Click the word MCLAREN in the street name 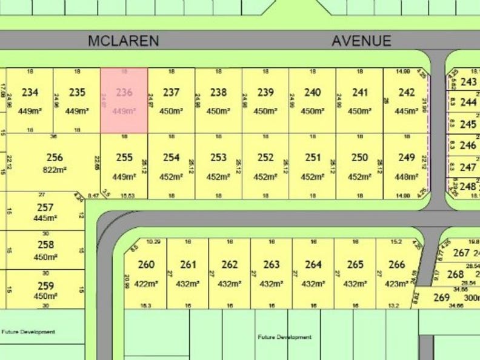[x=123, y=41]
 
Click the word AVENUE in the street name [x=361, y=41]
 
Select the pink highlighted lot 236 [x=124, y=100]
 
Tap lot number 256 [x=55, y=158]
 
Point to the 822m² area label [x=54, y=170]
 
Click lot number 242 [x=407, y=92]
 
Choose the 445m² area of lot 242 [x=407, y=111]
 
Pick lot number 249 [x=407, y=158]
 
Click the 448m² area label [x=407, y=177]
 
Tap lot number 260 [x=146, y=264]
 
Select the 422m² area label [x=146, y=284]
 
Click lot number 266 [x=397, y=264]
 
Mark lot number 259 [x=45, y=286]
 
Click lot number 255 [x=124, y=158]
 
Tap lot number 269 [x=442, y=297]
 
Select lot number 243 [x=468, y=82]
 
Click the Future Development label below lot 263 [x=284, y=337]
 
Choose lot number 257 [x=45, y=207]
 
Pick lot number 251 [x=313, y=158]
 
